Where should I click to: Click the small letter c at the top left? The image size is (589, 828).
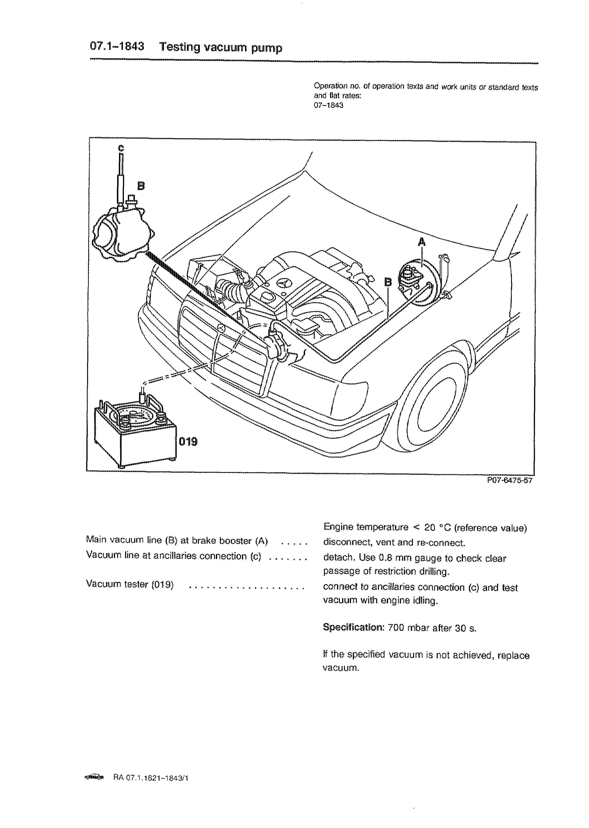point(121,148)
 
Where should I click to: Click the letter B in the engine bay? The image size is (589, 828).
point(388,282)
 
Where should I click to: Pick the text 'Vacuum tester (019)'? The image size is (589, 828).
point(130,584)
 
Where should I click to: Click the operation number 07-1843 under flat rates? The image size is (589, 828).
point(328,106)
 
